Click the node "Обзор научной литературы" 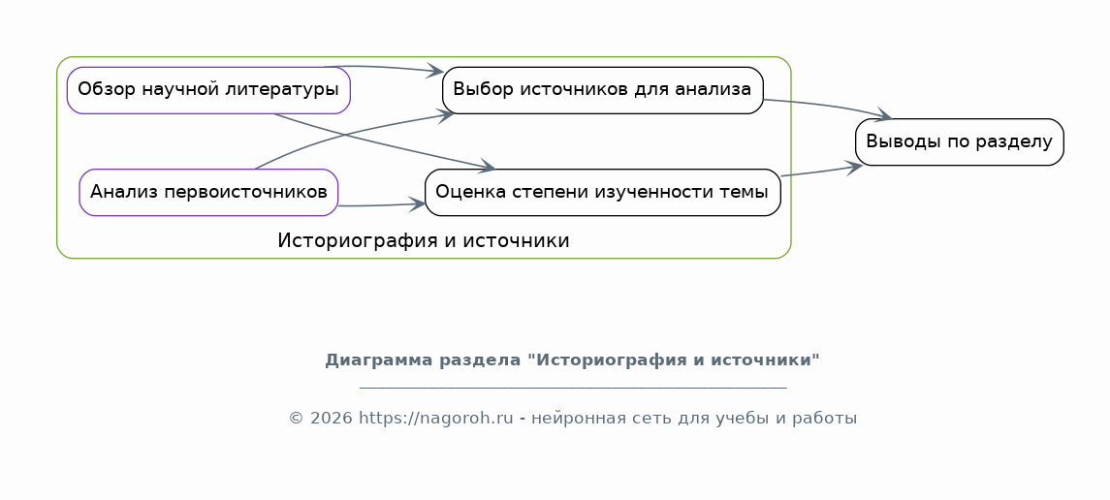208,90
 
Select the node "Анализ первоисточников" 208,193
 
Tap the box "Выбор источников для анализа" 602,90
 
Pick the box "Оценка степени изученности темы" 602,193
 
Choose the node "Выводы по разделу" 959,142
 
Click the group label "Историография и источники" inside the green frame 424,241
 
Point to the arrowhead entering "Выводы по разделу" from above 885,114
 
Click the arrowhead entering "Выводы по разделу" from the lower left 854,167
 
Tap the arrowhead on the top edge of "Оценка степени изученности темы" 487,167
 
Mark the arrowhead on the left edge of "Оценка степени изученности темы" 417,204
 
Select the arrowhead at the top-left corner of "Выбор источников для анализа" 434,71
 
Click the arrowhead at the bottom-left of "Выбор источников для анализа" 445,116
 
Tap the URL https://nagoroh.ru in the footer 436,418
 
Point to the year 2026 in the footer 332,418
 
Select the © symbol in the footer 297,419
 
